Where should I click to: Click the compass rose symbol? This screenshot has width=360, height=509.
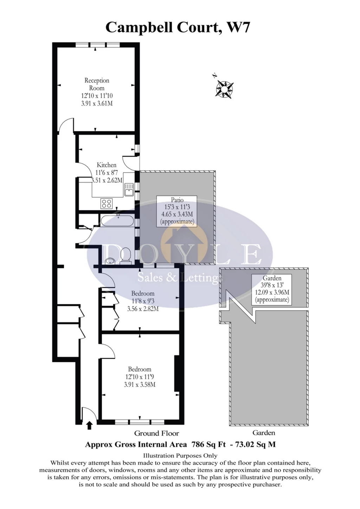[x=225, y=89]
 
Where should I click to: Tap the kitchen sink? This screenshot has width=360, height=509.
[x=129, y=189]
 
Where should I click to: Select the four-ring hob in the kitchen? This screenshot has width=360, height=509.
[x=107, y=204]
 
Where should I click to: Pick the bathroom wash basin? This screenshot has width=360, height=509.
[x=110, y=261]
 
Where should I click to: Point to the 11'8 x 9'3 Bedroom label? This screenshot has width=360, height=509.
[x=143, y=301]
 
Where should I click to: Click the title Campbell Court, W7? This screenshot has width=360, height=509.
[x=178, y=27]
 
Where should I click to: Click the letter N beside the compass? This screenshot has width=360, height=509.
[x=214, y=76]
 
